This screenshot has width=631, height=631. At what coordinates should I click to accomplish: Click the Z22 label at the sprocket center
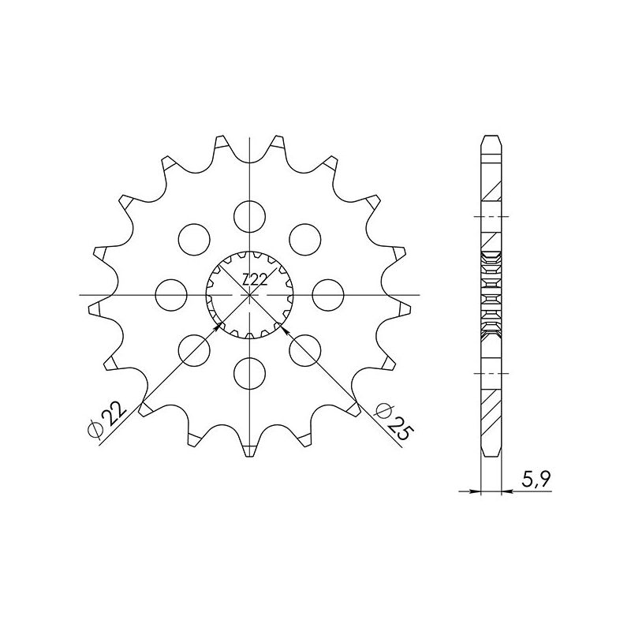click(x=254, y=279)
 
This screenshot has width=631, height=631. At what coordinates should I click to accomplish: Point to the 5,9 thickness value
click(x=530, y=477)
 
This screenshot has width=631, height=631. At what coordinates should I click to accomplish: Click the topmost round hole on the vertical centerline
click(x=250, y=215)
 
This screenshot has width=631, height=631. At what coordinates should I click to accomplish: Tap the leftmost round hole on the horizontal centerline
click(x=171, y=294)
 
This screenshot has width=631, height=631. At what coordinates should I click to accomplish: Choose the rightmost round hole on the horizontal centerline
click(x=328, y=294)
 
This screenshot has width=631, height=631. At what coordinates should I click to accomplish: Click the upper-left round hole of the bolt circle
click(x=195, y=238)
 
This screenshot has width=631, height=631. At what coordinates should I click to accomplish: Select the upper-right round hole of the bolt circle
click(x=306, y=238)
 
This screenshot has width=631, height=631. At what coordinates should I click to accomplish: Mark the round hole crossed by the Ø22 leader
click(x=195, y=349)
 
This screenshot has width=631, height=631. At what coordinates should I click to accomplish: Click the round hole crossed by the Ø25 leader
click(x=306, y=349)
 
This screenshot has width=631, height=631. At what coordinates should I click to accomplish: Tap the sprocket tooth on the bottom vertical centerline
click(x=250, y=450)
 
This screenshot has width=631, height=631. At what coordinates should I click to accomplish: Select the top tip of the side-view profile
click(x=491, y=138)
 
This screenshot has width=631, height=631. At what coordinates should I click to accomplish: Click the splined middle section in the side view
click(x=491, y=294)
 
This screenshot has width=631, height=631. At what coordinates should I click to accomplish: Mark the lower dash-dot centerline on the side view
click(x=491, y=372)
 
